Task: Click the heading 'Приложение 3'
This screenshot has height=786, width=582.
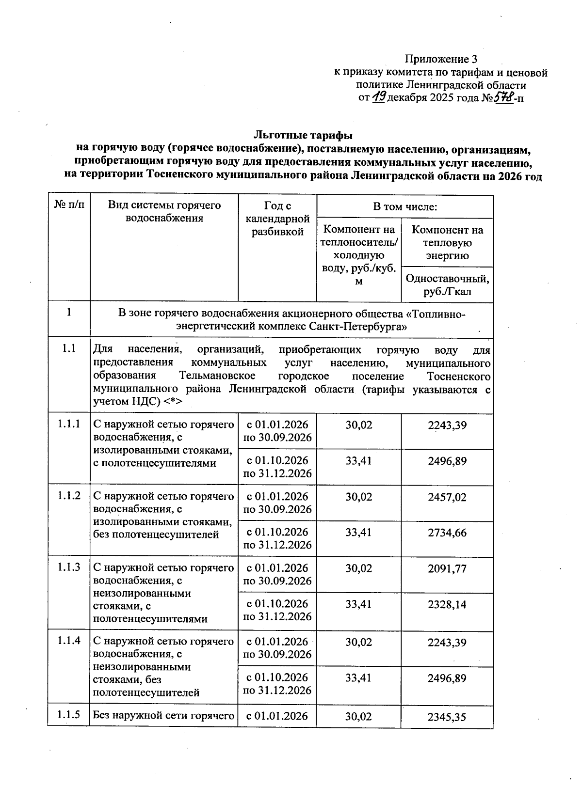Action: click(441, 60)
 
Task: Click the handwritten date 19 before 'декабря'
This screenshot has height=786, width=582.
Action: click(379, 97)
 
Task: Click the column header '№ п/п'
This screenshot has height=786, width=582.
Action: click(69, 205)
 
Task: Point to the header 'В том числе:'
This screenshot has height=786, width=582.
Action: click(405, 207)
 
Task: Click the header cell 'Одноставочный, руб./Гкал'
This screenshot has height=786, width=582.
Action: click(447, 285)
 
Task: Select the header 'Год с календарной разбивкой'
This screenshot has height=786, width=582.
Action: click(277, 219)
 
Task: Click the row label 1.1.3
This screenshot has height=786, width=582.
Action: click(69, 567)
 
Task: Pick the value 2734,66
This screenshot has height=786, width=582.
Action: click(447, 533)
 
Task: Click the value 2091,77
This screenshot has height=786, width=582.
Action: click(447, 568)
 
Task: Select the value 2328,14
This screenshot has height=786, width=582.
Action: click(447, 604)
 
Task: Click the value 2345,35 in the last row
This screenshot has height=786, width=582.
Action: click(447, 717)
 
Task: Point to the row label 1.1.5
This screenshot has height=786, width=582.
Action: click(69, 714)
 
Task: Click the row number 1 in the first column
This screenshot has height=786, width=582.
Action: click(69, 313)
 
